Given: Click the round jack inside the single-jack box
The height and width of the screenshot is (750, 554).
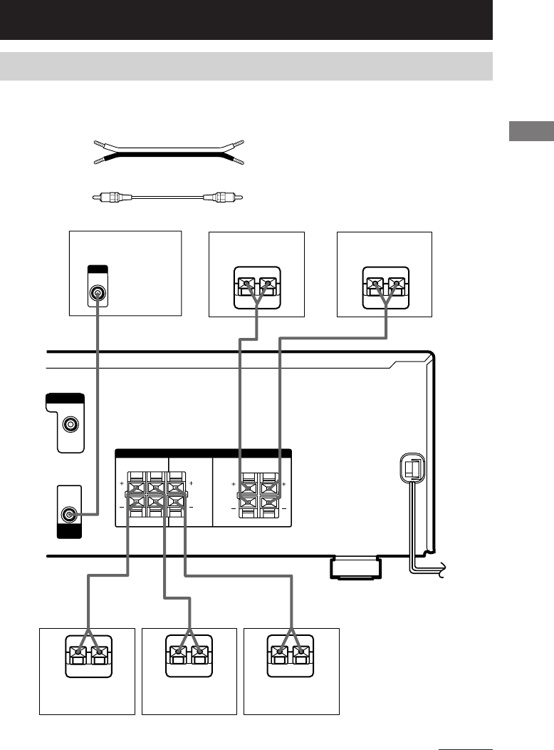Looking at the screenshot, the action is tap(98, 292).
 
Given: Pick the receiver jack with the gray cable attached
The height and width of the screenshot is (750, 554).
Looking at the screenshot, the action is tap(69, 513).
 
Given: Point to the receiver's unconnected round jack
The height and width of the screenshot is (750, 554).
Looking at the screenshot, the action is tap(70, 425).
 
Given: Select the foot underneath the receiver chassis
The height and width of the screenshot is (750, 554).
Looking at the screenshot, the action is tap(354, 569).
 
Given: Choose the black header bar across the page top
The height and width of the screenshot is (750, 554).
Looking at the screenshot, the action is tap(246, 19).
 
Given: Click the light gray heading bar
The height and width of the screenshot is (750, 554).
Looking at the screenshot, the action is tap(246, 66).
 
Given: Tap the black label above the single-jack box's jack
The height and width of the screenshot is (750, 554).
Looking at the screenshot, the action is tap(97, 269).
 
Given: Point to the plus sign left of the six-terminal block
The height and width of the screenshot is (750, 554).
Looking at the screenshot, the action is tap(122, 484).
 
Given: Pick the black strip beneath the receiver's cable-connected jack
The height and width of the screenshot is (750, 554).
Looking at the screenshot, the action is tap(68, 532).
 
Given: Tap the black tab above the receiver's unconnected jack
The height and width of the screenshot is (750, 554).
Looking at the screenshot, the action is tap(64, 399).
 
